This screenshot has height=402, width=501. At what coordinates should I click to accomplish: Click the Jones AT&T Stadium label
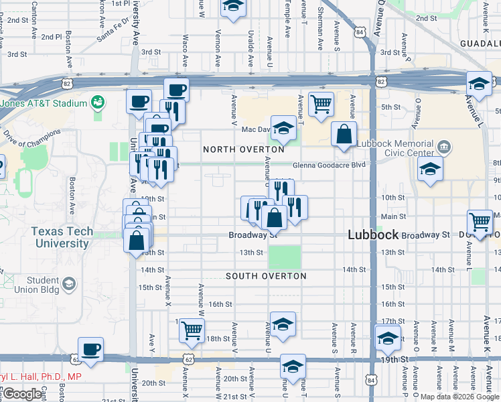coord(44,104)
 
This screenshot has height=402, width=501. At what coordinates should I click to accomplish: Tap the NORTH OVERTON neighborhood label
coord(240,149)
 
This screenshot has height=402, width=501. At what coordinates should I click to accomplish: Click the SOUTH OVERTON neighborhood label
coord(266,276)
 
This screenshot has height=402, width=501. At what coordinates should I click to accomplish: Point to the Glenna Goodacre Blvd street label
coord(329,165)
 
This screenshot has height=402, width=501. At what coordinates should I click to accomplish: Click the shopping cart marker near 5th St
coord(321,103)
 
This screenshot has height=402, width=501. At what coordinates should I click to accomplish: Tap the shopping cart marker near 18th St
coord(192,329)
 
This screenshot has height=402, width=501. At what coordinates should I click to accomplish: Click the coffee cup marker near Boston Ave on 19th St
coord(90,348)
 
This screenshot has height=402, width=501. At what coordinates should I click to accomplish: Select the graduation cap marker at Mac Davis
coord(284,127)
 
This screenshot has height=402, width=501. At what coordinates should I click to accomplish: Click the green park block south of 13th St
coord(285,257)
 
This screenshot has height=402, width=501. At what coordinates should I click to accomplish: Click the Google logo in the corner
coord(22,394)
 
